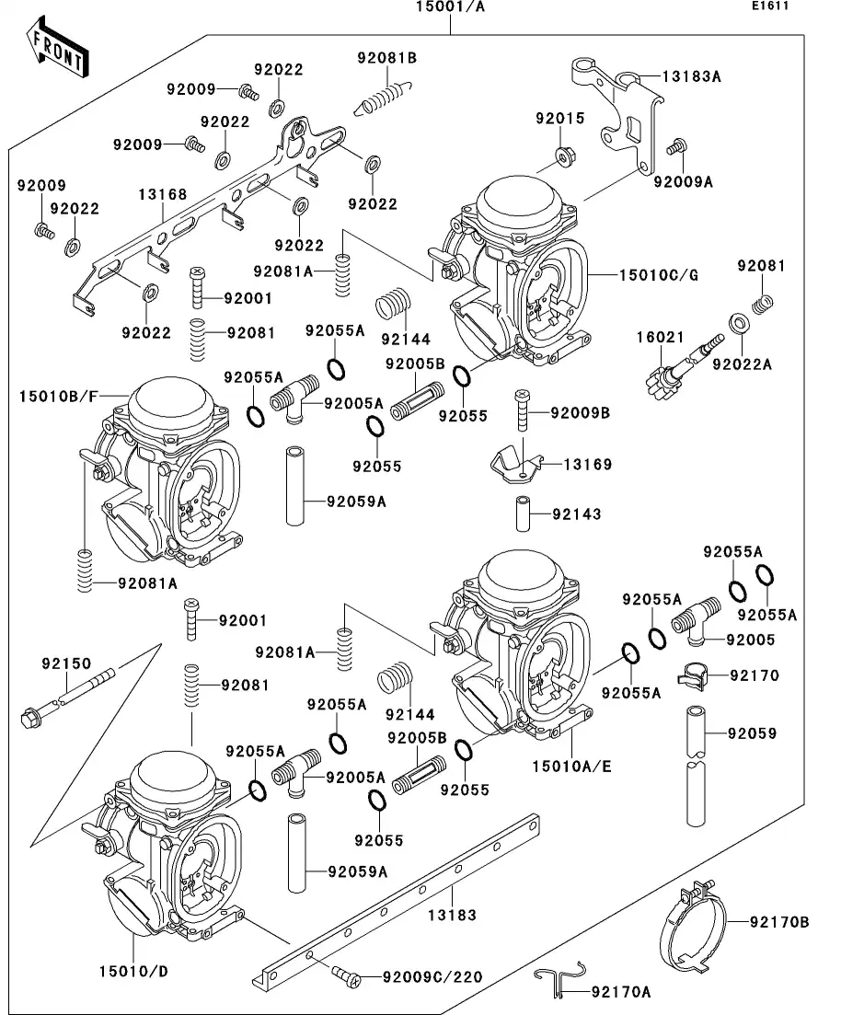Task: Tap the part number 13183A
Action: click(x=690, y=76)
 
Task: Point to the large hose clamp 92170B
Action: click(x=696, y=923)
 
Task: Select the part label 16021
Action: click(x=660, y=338)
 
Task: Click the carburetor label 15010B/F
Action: click(x=57, y=396)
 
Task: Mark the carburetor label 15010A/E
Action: click(x=571, y=765)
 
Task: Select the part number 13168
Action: click(x=163, y=194)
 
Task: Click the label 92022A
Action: click(x=742, y=363)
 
